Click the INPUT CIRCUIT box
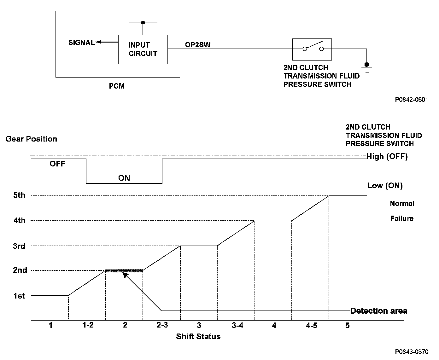click(x=143, y=49)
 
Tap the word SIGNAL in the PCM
click(x=81, y=43)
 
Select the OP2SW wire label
click(x=197, y=45)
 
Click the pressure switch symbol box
click(x=312, y=49)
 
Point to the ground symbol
click(x=366, y=68)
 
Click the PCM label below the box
click(x=117, y=86)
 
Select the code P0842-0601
click(x=412, y=100)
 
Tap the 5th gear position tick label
click(x=19, y=195)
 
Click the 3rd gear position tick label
click(x=19, y=246)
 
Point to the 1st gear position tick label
click(x=19, y=296)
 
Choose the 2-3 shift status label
click(x=162, y=325)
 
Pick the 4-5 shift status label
click(x=311, y=325)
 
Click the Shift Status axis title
click(x=198, y=336)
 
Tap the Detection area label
click(x=378, y=311)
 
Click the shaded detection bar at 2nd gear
click(x=124, y=270)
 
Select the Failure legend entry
click(x=401, y=218)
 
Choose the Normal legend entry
click(x=402, y=203)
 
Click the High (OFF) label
click(x=387, y=156)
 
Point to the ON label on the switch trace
click(x=124, y=178)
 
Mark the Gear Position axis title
click(x=31, y=139)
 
